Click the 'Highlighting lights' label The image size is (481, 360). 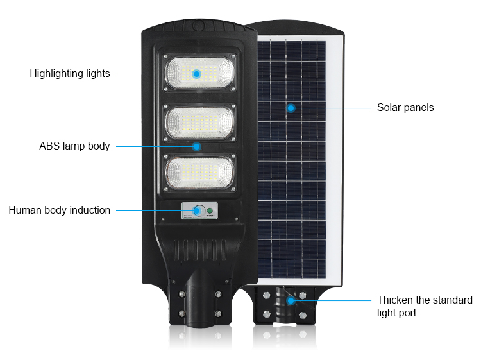(70, 74)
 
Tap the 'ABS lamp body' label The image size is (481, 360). (74, 146)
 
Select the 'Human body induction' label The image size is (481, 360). (60, 210)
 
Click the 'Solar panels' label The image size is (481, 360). (405, 108)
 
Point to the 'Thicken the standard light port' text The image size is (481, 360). (425, 306)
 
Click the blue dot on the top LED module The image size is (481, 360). (197, 74)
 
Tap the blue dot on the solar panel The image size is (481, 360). (291, 108)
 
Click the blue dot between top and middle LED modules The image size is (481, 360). (197, 146)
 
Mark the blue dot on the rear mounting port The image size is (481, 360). (291, 300)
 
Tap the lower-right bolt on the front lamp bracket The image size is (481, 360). (218, 314)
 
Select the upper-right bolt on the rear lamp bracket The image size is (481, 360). (303, 295)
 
